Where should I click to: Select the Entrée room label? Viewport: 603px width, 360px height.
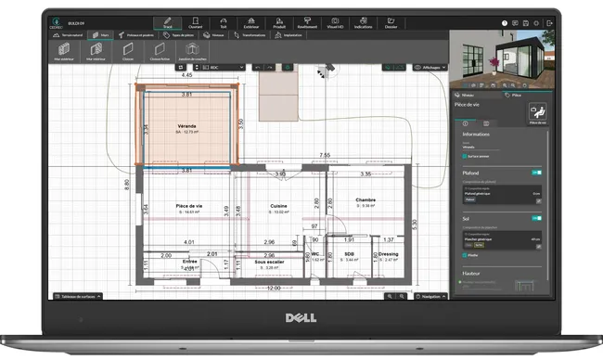(189, 263)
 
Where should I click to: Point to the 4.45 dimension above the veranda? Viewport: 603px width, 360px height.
(186, 75)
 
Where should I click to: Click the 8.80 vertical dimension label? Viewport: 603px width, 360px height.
(127, 184)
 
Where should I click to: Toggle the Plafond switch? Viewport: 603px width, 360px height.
(536, 172)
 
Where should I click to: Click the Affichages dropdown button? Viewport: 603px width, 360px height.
(427, 67)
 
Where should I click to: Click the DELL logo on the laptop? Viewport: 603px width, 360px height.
(301, 319)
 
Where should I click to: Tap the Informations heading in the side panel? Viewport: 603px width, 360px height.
(477, 134)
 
